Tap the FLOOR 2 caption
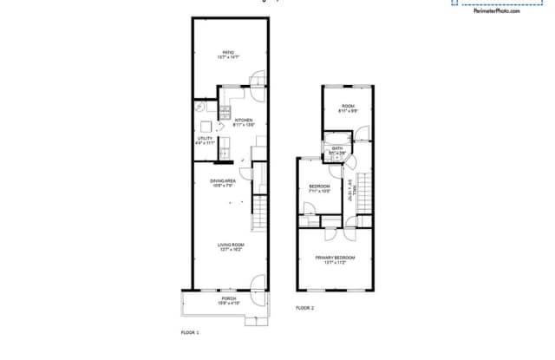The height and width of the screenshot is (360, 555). (x=304, y=308)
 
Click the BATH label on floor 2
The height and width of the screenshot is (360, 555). (x=337, y=149)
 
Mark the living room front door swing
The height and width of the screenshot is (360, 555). (x=257, y=283)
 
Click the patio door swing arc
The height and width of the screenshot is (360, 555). (x=257, y=82)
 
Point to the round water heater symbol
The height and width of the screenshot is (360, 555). (x=199, y=108)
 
